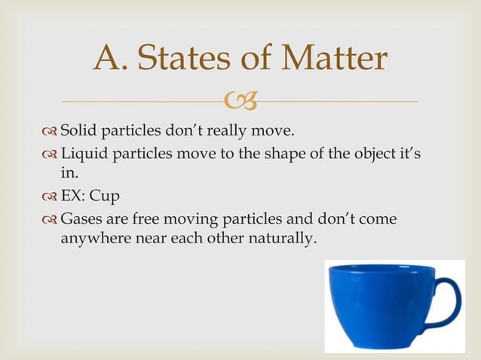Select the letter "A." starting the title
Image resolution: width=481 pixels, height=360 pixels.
pos(113,59)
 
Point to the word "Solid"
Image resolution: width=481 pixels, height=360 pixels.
pos(78,134)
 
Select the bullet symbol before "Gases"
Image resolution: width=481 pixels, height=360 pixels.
pos(51,220)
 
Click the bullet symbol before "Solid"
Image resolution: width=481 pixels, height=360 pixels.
pos(51,134)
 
